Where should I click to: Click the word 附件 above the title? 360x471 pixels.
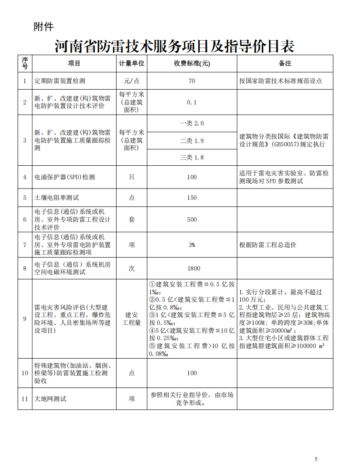(44, 27)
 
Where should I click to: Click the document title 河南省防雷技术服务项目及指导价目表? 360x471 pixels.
(175, 46)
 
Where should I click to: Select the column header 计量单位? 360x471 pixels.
(132, 63)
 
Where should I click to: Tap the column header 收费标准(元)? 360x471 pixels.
(192, 63)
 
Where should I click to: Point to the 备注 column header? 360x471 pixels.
(285, 63)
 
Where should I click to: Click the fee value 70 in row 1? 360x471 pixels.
(192, 81)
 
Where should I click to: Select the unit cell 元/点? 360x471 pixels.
(132, 81)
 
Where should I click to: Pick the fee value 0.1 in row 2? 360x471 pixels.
(192, 102)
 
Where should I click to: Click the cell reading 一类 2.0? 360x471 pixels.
(192, 124)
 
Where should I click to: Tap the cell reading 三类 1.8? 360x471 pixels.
(192, 157)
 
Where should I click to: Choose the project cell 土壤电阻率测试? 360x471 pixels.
(57, 198)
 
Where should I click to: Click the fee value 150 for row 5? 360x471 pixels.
(192, 198)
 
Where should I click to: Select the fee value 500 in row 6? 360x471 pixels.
(192, 220)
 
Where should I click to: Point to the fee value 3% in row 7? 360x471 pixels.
(192, 245)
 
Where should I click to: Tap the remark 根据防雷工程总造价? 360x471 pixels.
(268, 245)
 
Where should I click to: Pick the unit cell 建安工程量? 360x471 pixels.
(132, 319)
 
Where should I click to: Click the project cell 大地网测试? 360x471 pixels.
(51, 399)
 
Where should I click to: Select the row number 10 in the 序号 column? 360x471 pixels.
(25, 373)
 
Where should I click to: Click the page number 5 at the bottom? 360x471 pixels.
(316, 459)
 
